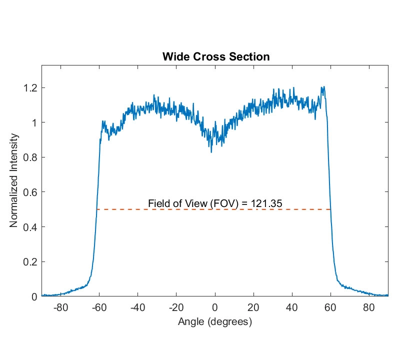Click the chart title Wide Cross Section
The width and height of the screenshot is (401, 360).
point(216,56)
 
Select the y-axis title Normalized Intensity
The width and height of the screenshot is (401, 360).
point(14,180)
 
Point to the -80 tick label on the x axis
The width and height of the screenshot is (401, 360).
point(60,307)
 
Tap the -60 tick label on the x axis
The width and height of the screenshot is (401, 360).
point(99,307)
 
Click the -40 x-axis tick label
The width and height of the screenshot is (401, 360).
point(137,307)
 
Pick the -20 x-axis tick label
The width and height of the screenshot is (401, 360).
point(176,307)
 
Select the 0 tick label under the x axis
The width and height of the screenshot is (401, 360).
point(215,307)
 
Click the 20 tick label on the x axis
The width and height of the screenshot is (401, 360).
point(253,307)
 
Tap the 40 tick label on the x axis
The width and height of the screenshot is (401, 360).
point(292,307)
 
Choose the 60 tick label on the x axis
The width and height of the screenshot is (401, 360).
point(330,307)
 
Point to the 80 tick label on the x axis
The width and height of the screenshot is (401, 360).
point(369,307)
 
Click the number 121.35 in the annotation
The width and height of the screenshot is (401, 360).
point(269,203)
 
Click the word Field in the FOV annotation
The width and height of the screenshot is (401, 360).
point(158,203)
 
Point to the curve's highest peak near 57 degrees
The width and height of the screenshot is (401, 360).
point(324,87)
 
